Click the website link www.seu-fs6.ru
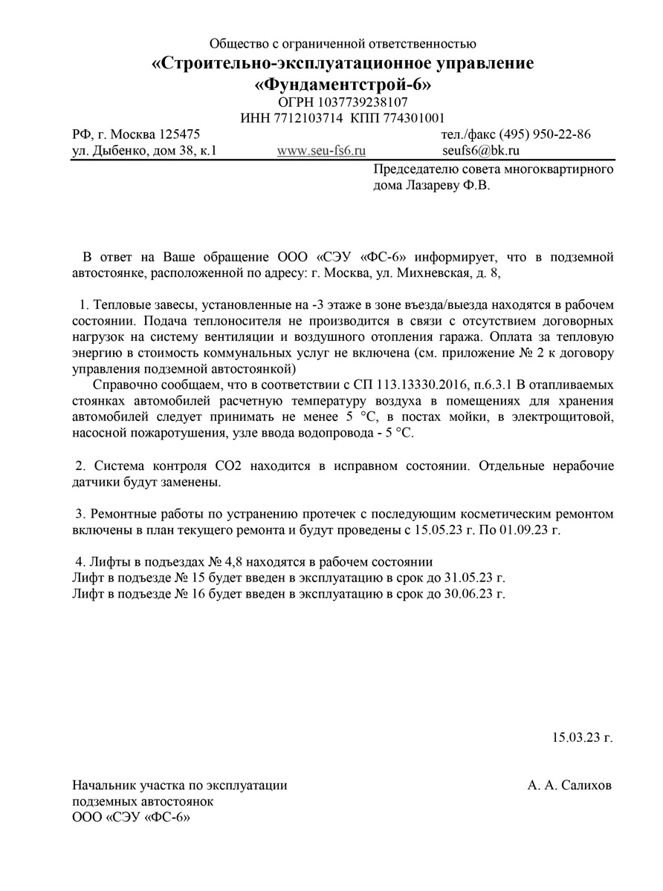[x=321, y=151]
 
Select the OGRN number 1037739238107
[x=363, y=102]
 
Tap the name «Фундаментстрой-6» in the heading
[x=343, y=85]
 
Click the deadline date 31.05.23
[x=465, y=578]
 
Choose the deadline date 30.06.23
[x=465, y=594]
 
